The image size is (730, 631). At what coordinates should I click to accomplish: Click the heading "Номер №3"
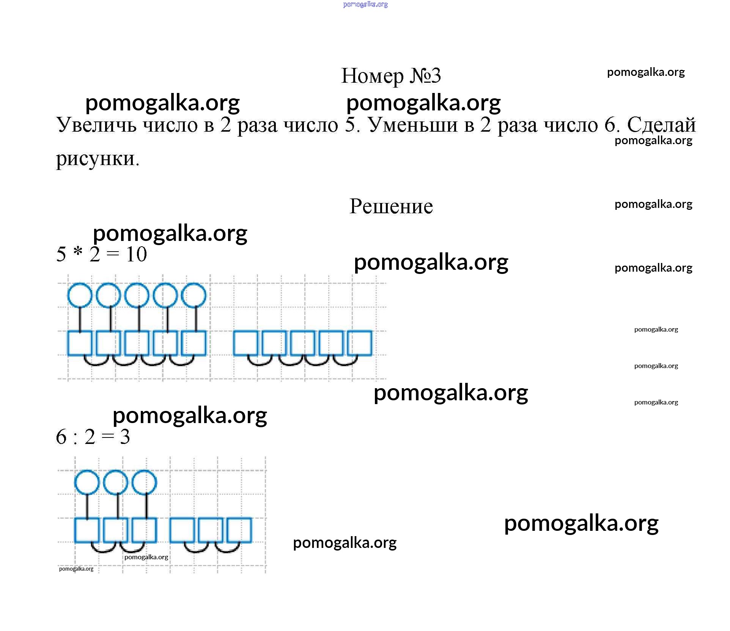pyautogui.click(x=391, y=76)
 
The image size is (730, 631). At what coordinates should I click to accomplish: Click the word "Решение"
pyautogui.click(x=391, y=206)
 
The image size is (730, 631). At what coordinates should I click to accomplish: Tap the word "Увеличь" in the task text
pyautogui.click(x=96, y=125)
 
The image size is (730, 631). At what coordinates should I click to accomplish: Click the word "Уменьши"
pyautogui.click(x=413, y=125)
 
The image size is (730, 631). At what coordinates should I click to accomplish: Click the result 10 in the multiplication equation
pyautogui.click(x=136, y=255)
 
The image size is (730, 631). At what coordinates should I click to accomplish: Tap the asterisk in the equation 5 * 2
pyautogui.click(x=78, y=252)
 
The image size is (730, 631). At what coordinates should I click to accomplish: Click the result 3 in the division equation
pyautogui.click(x=125, y=437)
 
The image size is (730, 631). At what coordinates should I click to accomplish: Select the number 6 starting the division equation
pyautogui.click(x=61, y=437)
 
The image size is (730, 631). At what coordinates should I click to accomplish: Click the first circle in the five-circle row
pyautogui.click(x=80, y=295)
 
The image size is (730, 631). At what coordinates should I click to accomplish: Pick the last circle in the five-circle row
pyautogui.click(x=194, y=295)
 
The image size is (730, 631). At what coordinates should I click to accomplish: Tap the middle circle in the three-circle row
pyautogui.click(x=116, y=482)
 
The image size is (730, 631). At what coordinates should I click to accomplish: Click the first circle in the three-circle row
pyautogui.click(x=87, y=482)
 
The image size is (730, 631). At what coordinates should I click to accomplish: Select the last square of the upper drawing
pyautogui.click(x=360, y=343)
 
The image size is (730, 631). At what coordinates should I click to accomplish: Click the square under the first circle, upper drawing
pyautogui.click(x=80, y=343)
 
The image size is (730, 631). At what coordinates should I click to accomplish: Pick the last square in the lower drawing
pyautogui.click(x=239, y=530)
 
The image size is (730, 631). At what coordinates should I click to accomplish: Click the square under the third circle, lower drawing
pyautogui.click(x=144, y=530)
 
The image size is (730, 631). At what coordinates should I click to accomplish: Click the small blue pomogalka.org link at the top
pyautogui.click(x=365, y=5)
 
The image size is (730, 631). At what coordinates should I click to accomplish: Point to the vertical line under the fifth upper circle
pyautogui.click(x=196, y=319)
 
